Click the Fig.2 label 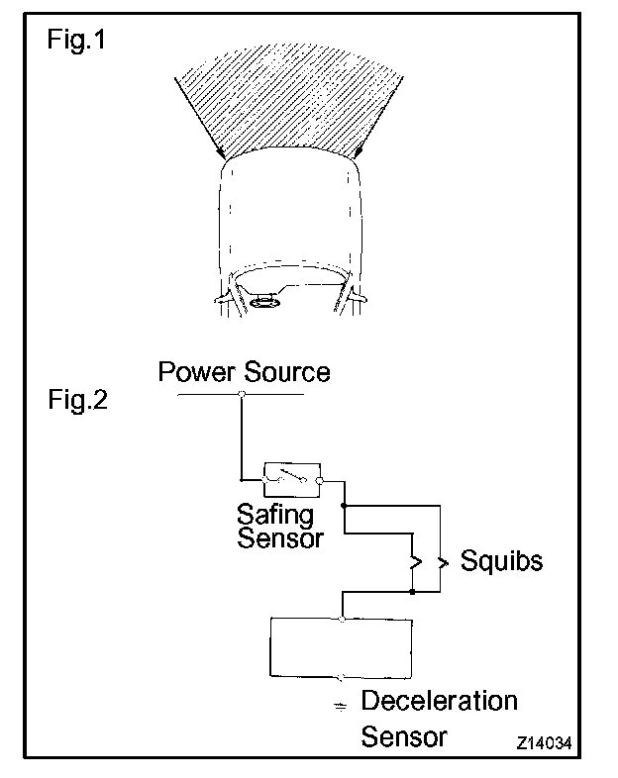pos(77,402)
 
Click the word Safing pos(274,516)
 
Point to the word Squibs pos(502,561)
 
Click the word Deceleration pos(439,701)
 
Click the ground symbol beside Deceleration pos(341,705)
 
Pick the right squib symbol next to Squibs pos(443,562)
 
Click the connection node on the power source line pos(242,395)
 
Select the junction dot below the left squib pos(412,593)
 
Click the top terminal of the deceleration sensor pos(342,619)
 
